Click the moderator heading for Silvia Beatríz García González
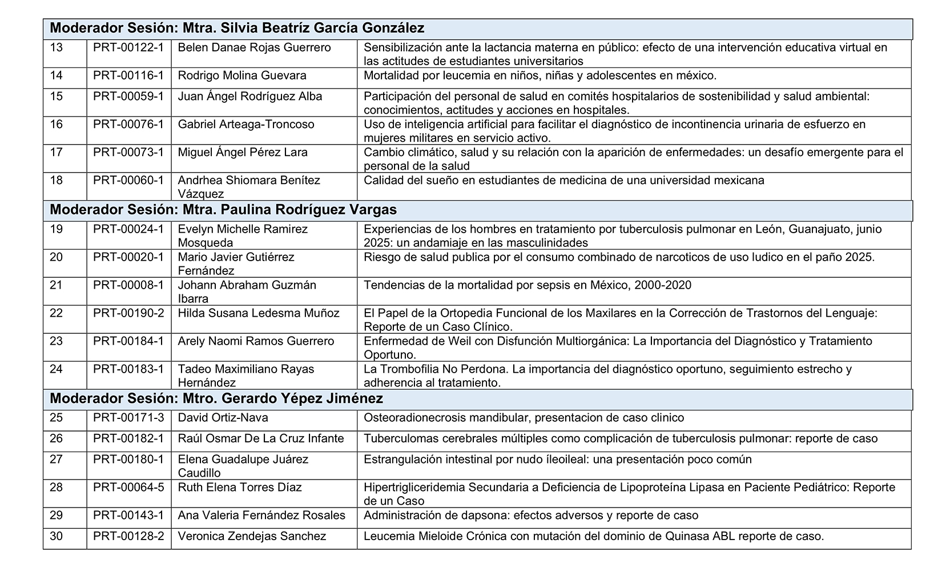tap(237, 29)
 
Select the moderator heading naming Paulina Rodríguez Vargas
tap(223, 210)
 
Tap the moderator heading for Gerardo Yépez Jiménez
tap(216, 398)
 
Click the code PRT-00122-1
tap(128, 47)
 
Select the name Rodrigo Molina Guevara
tap(242, 75)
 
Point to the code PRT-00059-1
tap(128, 96)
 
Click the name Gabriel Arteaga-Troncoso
tap(246, 124)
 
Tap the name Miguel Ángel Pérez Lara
tap(243, 152)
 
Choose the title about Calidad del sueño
tap(563, 181)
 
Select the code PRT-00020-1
tap(128, 257)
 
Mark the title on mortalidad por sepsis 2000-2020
tap(527, 285)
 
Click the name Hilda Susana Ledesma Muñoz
tap(259, 313)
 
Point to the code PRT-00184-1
tap(128, 341)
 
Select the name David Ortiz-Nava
tap(223, 418)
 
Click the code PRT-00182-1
tap(128, 438)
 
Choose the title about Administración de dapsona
tap(531, 516)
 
